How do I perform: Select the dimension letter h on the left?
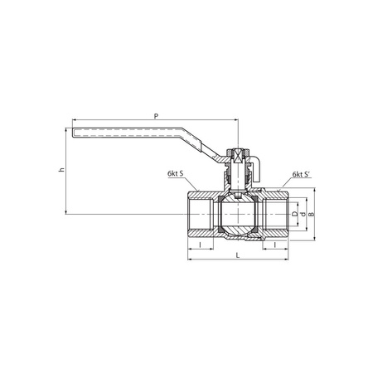pyautogui.click(x=60, y=171)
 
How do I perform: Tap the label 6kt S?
pyautogui.click(x=175, y=175)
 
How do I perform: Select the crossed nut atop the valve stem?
pyautogui.click(x=237, y=154)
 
